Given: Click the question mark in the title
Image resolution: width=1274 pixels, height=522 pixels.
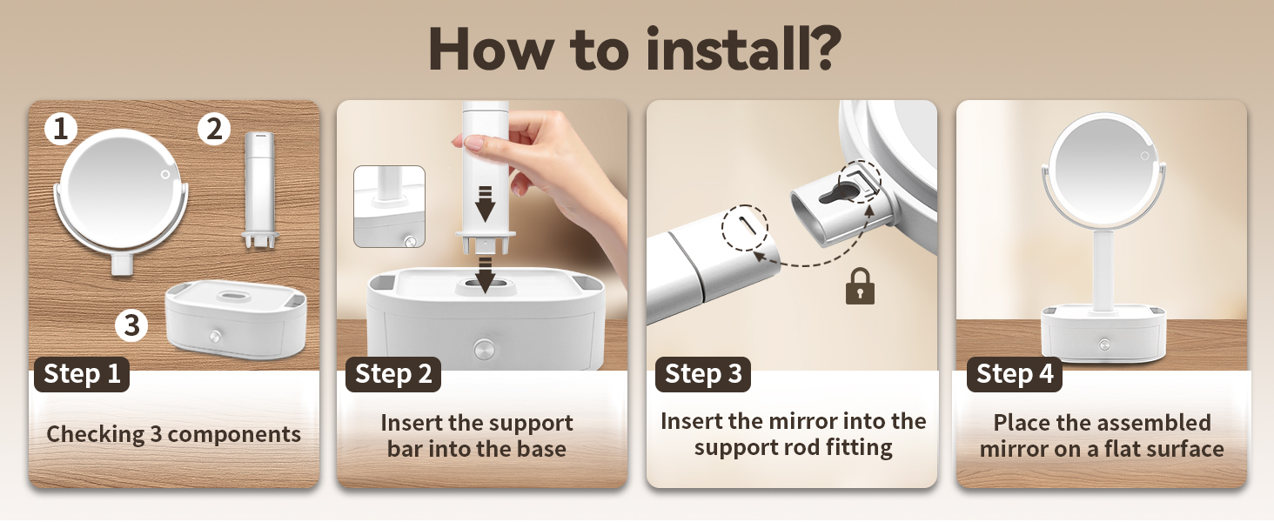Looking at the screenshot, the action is [x=822, y=48].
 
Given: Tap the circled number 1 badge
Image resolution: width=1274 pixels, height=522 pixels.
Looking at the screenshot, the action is [x=61, y=129].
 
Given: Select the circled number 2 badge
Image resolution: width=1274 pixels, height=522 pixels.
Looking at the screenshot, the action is [x=214, y=129].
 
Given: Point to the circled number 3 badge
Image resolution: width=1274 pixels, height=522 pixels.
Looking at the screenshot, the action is [x=131, y=325].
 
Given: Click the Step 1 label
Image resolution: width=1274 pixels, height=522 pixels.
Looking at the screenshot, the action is [x=82, y=374].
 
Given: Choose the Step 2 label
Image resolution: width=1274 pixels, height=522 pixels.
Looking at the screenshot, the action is [x=393, y=374].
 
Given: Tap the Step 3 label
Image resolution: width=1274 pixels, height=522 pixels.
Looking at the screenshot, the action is [x=703, y=374].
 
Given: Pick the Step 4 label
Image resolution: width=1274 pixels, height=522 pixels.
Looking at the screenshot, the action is [x=1015, y=374].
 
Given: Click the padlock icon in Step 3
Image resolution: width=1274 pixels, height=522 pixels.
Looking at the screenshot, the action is [x=860, y=286].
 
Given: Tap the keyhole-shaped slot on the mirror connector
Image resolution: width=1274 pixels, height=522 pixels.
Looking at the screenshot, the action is [x=841, y=193].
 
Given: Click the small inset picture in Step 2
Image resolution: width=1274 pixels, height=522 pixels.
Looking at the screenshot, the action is [x=389, y=206].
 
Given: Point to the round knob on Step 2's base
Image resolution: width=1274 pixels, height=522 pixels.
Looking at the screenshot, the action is [x=484, y=347].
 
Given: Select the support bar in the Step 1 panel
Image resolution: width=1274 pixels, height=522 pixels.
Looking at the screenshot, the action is [x=260, y=190].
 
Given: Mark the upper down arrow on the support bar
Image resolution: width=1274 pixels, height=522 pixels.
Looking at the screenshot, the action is [x=485, y=203].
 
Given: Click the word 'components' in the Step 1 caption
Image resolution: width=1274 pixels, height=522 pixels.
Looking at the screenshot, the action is [x=234, y=434].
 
